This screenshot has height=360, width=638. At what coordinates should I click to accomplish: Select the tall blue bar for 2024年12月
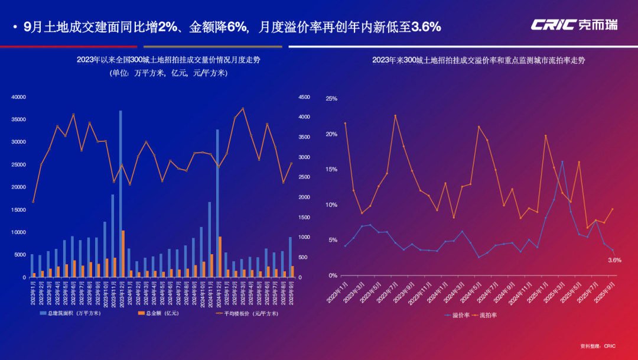pos(217,203)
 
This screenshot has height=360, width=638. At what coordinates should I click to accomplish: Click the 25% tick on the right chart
pos(332,99)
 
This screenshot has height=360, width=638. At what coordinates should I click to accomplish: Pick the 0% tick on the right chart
pos(333,275)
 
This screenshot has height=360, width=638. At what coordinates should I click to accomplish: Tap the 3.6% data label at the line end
pos(614,260)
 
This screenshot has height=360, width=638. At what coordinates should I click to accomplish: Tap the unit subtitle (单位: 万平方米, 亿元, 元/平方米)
pos(168,73)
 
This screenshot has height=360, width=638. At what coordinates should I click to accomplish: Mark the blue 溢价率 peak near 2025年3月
pos(562,161)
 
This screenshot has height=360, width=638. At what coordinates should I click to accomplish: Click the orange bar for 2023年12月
pos(123,254)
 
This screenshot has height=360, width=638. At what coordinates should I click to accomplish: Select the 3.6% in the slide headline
pos(426,27)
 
